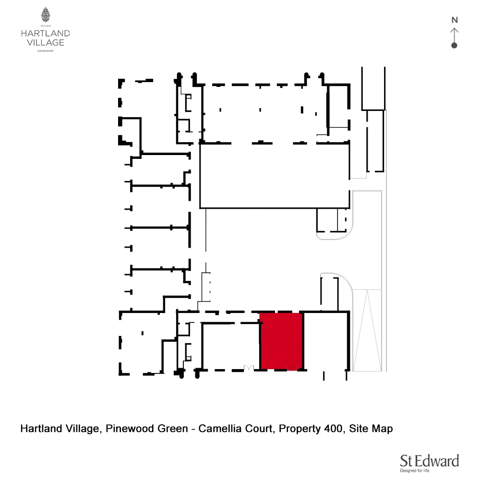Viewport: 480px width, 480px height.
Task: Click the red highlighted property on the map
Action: coord(281,341)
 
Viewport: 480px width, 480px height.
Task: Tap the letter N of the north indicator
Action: coord(454,20)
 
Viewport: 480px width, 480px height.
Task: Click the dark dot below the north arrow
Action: coord(454,45)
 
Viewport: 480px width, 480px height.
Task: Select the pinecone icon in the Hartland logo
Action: coord(46,15)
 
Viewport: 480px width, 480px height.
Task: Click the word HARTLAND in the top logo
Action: coord(46,34)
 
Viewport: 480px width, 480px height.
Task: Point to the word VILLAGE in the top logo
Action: coord(46,42)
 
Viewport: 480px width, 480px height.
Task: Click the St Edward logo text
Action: coord(430,461)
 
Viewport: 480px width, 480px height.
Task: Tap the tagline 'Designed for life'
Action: coord(414,471)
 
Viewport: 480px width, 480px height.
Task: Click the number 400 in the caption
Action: coord(331,428)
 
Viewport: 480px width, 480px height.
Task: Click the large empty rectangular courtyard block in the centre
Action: coord(274,176)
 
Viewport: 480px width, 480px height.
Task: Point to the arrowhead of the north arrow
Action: coord(454,30)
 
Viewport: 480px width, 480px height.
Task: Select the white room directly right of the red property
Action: coord(326,341)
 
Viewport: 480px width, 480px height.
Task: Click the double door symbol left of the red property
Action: coord(248,368)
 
